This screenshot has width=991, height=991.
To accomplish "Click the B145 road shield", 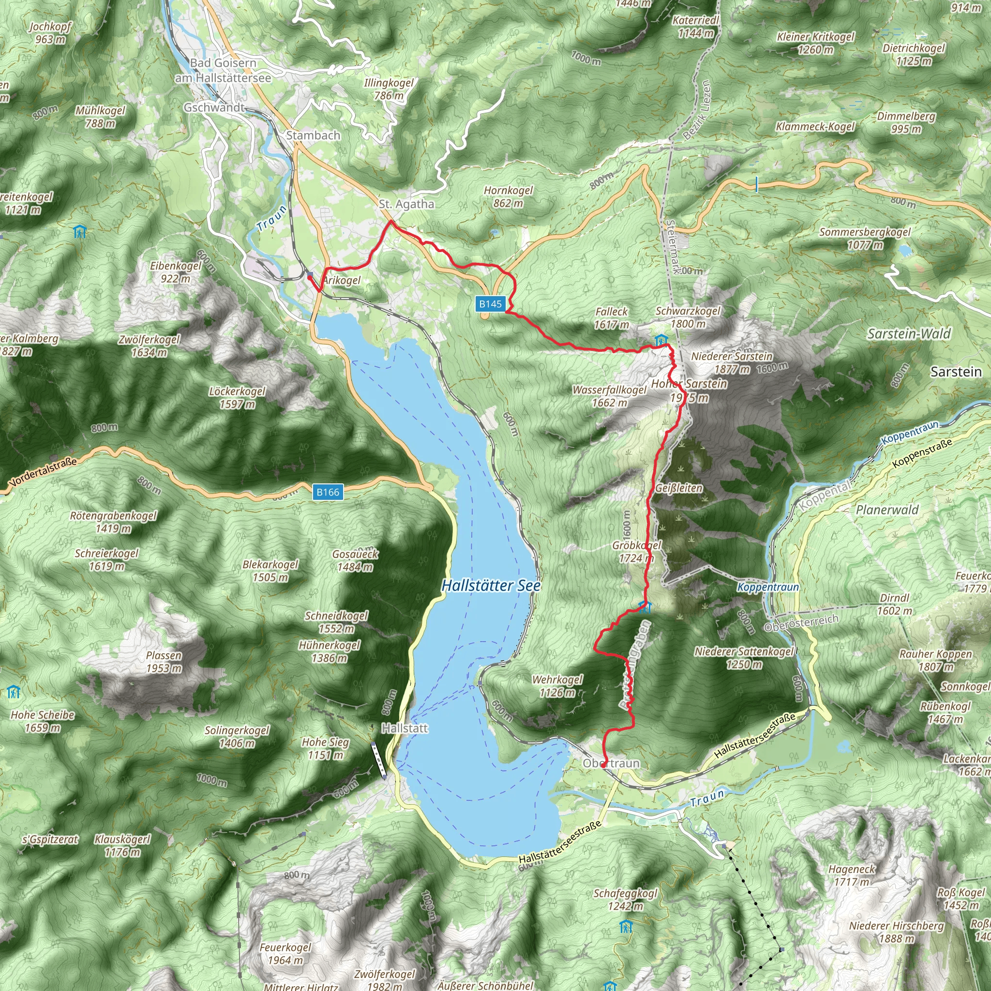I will pos(490,304).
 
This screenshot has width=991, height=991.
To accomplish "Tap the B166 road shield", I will pos(328,492).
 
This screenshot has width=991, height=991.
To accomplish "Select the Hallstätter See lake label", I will pos(491,586).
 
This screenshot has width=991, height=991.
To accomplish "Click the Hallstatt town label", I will pos(405,728).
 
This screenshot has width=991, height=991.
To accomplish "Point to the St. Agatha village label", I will pos(406,204).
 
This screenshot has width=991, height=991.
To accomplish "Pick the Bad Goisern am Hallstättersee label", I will pos(223,70).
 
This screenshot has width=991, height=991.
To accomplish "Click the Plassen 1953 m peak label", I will pos(164,661).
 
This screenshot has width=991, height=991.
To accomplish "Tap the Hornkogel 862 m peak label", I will pos(509,196).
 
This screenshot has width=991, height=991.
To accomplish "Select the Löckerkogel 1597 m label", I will pos(237,398).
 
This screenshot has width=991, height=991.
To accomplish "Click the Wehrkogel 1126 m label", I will pos(557,686).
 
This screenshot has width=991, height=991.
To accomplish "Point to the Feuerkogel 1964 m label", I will pos(285,954).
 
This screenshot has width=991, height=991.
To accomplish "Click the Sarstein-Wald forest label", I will pos(909,334).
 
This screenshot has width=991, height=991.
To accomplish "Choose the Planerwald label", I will pos(887,510).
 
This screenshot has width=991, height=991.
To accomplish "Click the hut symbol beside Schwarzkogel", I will pos(661,340).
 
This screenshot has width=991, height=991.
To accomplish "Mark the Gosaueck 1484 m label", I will pos(355,560).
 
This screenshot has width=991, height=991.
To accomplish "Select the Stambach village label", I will pos(313,135).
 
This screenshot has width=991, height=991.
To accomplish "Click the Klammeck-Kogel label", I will pos(815,127).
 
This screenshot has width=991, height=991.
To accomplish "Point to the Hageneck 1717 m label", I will pos(852,875).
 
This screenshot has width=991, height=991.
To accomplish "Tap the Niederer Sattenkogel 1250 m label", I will pos(744,658).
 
